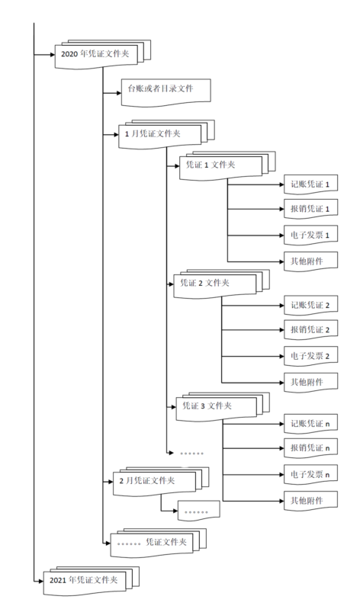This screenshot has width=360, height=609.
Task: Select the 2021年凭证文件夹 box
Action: (x=85, y=580)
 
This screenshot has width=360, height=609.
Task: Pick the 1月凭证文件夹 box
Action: (x=157, y=134)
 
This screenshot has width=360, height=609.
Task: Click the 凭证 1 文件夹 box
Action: (x=213, y=165)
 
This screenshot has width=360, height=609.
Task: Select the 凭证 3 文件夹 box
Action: (x=209, y=405)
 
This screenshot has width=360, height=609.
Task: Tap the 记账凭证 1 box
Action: (x=310, y=184)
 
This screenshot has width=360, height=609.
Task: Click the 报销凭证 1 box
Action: (x=310, y=210)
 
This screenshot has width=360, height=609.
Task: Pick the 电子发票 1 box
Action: (x=310, y=236)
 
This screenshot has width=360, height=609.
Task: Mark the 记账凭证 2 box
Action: (x=310, y=306)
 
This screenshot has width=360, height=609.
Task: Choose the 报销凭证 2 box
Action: (x=310, y=331)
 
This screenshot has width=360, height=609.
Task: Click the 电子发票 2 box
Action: (x=310, y=356)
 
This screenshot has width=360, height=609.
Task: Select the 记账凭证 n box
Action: (x=310, y=424)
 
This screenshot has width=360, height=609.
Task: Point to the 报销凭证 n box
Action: (x=310, y=448)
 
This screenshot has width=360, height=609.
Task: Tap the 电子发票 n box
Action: (x=310, y=475)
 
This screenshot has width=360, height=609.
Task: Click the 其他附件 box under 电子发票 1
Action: (x=310, y=261)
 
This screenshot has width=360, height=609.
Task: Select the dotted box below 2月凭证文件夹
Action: (x=198, y=511)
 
